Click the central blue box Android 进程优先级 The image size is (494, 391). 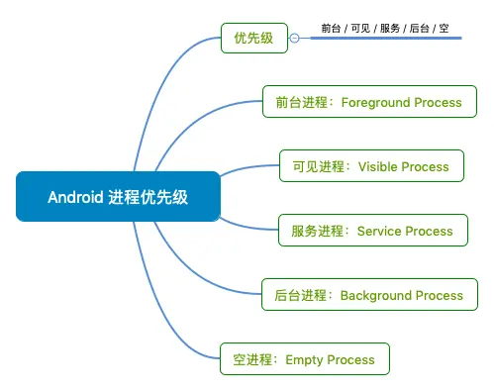(x=118, y=197)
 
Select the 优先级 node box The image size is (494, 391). (x=254, y=38)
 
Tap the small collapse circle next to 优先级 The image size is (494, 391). (x=295, y=39)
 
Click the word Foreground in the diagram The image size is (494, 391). (x=375, y=103)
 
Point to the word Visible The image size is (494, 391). (x=378, y=166)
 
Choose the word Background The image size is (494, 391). (x=376, y=295)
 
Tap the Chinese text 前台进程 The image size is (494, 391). (x=302, y=102)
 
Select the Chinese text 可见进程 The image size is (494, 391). (x=319, y=166)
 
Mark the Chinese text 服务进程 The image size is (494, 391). (x=318, y=231)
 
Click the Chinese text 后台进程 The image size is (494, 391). (x=300, y=295)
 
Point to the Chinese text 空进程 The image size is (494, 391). (x=252, y=359)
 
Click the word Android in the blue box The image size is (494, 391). (x=75, y=197)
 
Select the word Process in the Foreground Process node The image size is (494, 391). (x=438, y=103)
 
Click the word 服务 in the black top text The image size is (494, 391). (x=390, y=29)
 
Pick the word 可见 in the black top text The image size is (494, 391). (x=360, y=29)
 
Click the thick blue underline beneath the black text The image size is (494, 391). (x=386, y=39)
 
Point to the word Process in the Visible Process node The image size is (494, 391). (x=426, y=167)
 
